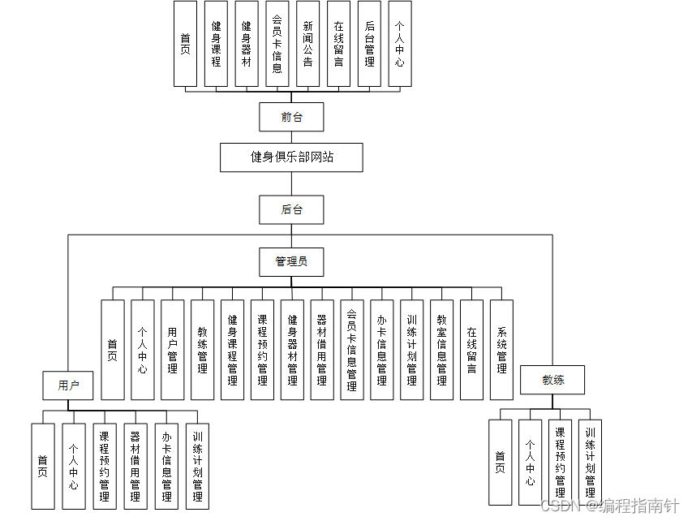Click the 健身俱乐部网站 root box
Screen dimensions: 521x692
click(x=291, y=157)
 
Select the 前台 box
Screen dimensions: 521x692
click(x=291, y=117)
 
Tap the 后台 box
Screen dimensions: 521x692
click(x=291, y=209)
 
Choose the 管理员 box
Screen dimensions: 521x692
click(x=291, y=261)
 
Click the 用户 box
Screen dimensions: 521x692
click(x=69, y=385)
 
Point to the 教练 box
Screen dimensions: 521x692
click(x=552, y=380)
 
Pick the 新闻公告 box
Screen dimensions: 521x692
click(x=307, y=44)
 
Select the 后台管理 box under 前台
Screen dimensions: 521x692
click(x=369, y=44)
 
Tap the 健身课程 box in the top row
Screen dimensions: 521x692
click(x=216, y=44)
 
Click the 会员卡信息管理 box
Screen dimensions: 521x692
click(x=352, y=350)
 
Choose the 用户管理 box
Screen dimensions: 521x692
click(x=172, y=350)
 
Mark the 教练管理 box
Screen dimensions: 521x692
click(x=202, y=350)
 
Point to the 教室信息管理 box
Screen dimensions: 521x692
click(x=442, y=350)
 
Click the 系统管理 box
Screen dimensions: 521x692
click(x=502, y=350)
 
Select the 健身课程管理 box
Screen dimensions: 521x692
click(x=232, y=350)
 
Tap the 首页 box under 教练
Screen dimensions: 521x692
click(x=501, y=462)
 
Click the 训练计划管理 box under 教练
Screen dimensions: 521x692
click(x=591, y=462)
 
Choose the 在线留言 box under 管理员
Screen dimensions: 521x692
click(x=472, y=350)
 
